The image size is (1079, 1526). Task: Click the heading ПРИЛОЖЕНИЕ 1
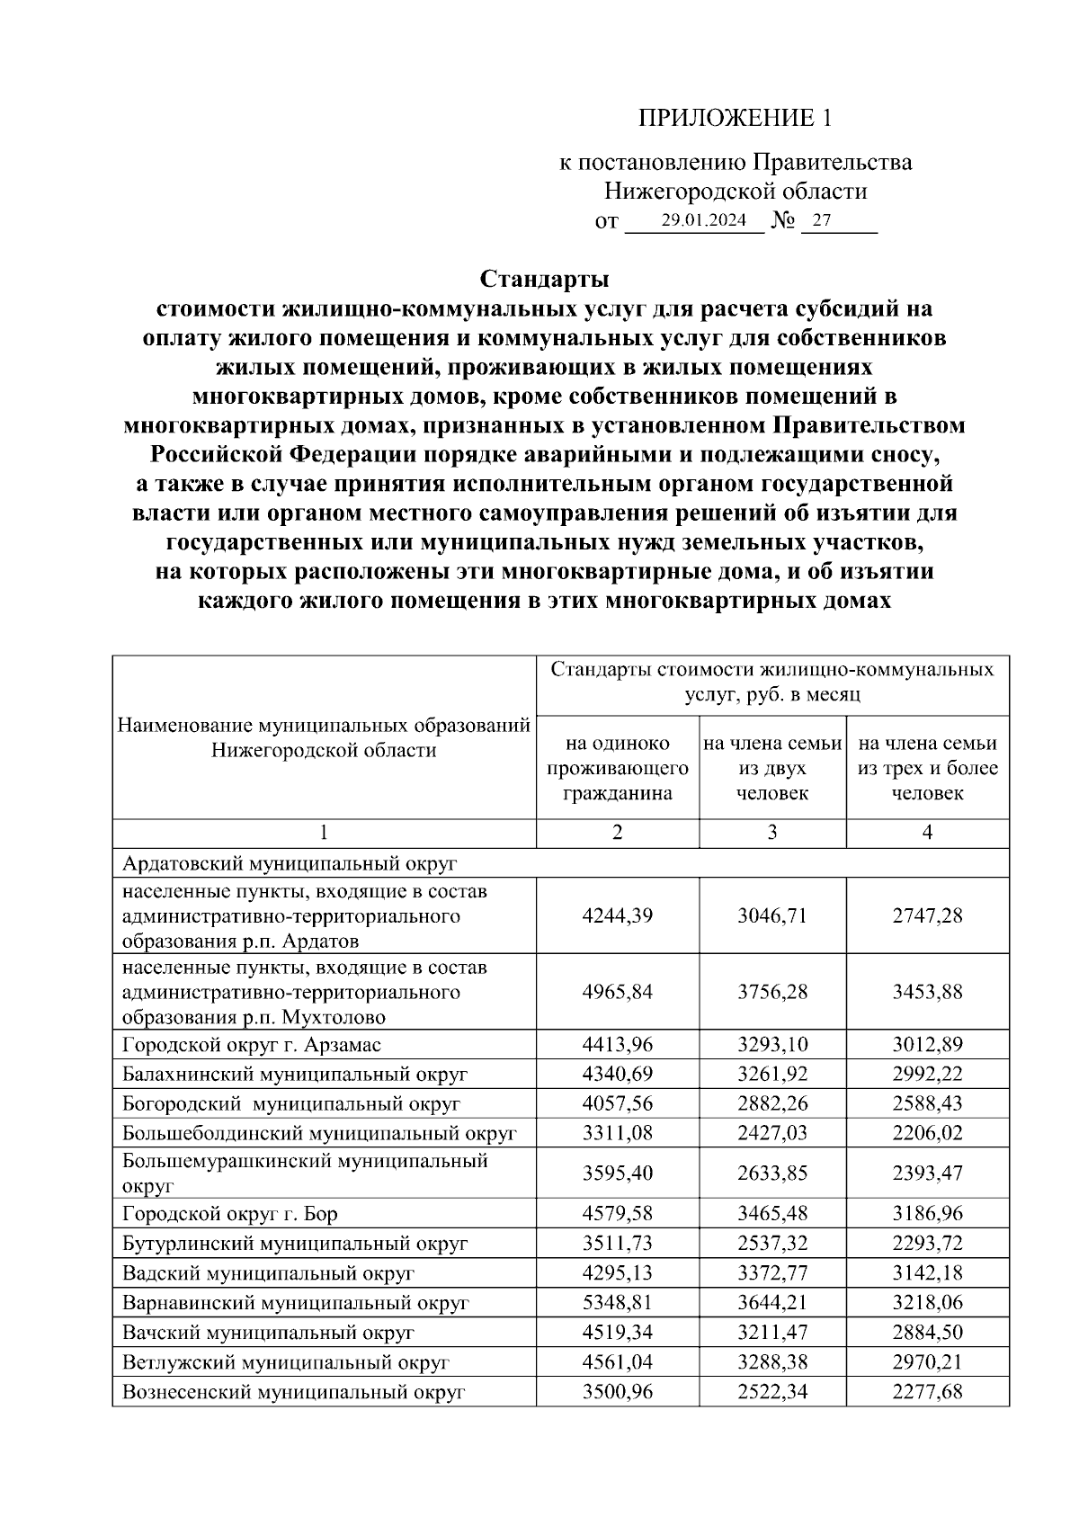tap(736, 118)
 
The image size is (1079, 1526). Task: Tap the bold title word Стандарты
tap(544, 278)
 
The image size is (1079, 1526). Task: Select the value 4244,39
tap(618, 915)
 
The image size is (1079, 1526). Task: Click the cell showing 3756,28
tap(772, 991)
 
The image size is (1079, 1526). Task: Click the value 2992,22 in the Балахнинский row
tap(927, 1074)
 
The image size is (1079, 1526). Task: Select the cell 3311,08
tap(618, 1133)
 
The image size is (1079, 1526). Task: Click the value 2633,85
tap(772, 1173)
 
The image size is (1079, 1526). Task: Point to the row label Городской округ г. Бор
tap(230, 1214)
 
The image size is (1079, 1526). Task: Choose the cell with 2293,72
tap(927, 1244)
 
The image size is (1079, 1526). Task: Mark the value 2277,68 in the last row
tap(927, 1392)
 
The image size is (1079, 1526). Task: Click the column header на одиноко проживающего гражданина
tap(618, 768)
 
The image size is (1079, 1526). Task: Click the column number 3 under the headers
tap(772, 833)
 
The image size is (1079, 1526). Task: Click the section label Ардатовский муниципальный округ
tap(290, 863)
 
